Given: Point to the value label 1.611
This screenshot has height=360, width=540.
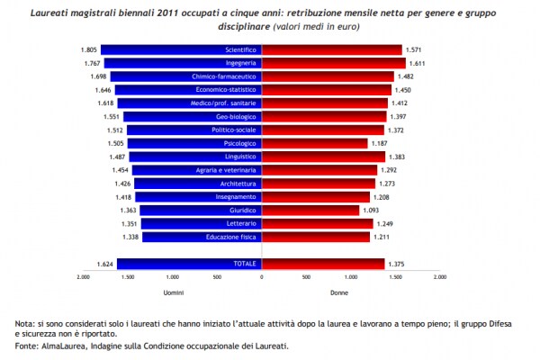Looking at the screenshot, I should pos(416,64).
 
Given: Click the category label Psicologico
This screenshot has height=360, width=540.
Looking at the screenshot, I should pos(242,143).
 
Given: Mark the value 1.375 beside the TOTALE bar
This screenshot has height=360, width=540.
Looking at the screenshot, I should pos(395,264).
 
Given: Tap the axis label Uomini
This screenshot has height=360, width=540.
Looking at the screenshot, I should pos(174,292).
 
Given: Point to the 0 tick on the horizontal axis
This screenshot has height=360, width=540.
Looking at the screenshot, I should pos(262,277).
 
